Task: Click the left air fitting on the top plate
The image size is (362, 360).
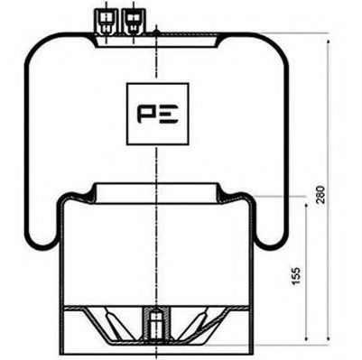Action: tap(107, 21)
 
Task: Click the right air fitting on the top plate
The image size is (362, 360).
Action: tap(133, 21)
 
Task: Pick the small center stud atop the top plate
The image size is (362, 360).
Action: tap(157, 32)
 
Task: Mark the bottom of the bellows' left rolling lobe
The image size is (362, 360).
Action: tap(42, 245)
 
